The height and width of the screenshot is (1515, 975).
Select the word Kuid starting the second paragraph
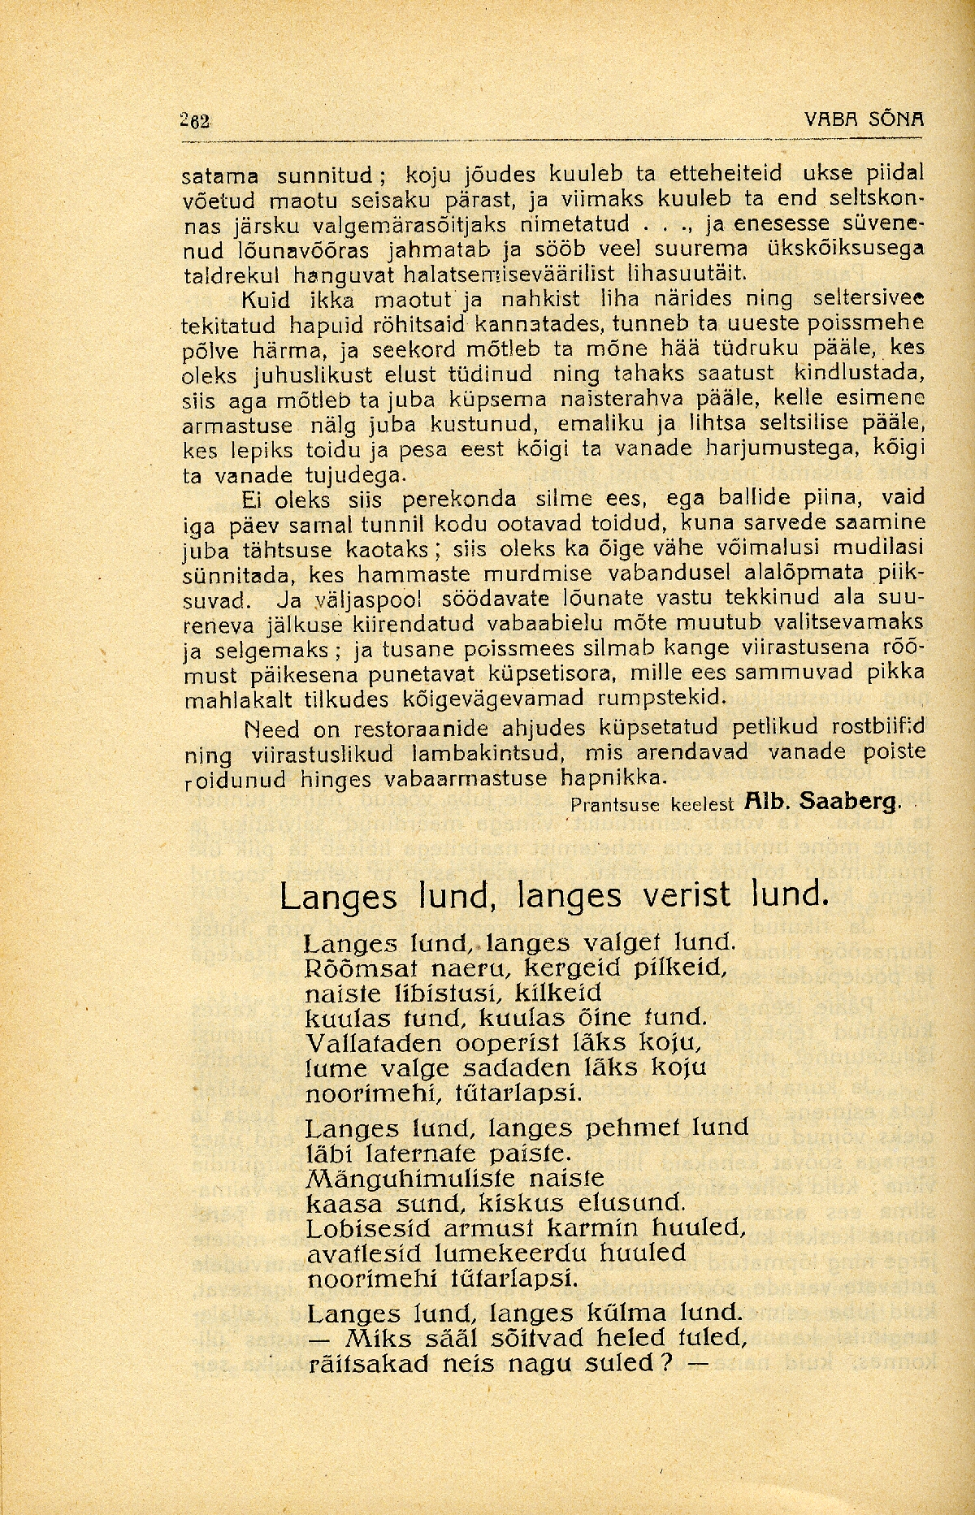click(x=259, y=300)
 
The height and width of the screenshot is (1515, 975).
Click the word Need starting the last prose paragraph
click(x=266, y=727)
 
